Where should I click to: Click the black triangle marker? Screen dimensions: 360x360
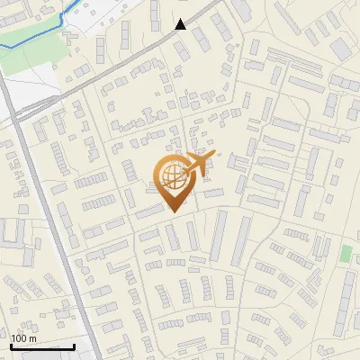[181, 24]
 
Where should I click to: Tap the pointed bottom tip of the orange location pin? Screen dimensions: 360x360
[172, 211]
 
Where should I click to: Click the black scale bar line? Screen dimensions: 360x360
[42, 346]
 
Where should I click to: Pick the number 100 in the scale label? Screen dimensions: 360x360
[20, 338]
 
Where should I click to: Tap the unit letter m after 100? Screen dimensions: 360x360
[33, 338]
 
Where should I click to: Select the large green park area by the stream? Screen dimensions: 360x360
[31, 58]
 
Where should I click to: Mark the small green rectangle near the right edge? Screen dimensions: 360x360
[346, 253]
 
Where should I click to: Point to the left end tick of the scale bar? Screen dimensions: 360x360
[11, 346]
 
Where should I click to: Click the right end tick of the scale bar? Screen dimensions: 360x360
[74, 346]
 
